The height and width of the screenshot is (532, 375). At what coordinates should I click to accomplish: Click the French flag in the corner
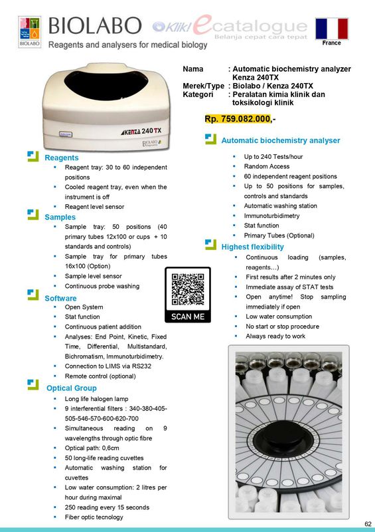tap(332, 29)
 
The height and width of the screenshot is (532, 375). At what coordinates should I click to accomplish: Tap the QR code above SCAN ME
tap(187, 289)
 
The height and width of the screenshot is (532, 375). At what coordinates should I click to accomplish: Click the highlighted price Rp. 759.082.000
tap(238, 119)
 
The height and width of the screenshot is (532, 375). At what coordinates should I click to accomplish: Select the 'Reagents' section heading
tap(61, 158)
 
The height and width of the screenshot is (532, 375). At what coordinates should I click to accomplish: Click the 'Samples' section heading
tap(60, 217)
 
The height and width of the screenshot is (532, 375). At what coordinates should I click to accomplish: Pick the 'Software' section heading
tap(60, 299)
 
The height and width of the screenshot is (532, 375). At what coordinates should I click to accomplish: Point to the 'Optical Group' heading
tap(71, 388)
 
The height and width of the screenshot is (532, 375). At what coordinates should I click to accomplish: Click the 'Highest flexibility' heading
tap(256, 247)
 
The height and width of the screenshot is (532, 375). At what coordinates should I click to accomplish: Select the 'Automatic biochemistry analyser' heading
tap(280, 140)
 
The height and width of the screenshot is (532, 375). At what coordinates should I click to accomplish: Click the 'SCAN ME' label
tap(188, 317)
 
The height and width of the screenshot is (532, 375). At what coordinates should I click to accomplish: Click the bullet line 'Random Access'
tap(266, 166)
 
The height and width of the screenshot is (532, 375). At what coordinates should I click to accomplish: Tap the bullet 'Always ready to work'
tap(275, 336)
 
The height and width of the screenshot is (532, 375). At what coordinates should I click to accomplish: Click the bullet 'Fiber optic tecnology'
tap(94, 517)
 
